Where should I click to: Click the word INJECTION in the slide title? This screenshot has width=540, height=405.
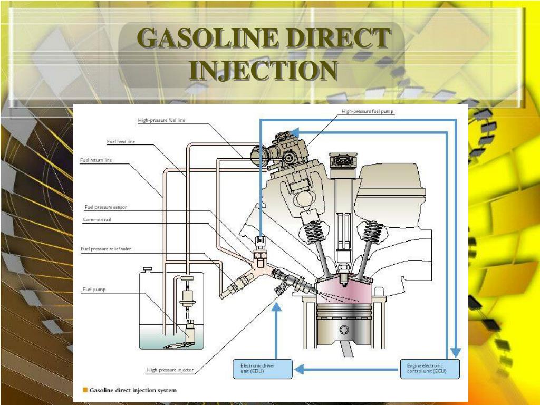click(x=264, y=70)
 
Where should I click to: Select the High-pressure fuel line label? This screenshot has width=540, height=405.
click(x=161, y=120)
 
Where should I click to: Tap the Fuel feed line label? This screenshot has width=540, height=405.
click(x=121, y=141)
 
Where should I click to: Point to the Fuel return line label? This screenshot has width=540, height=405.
click(x=96, y=160)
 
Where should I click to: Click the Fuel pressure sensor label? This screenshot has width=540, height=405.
click(x=105, y=207)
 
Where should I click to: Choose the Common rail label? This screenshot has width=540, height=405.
click(x=97, y=219)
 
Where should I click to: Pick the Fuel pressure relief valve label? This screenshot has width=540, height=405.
click(x=106, y=249)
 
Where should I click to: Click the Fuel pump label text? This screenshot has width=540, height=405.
click(x=94, y=289)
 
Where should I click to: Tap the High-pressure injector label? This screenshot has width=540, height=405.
click(x=170, y=370)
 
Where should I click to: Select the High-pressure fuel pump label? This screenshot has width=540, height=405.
click(x=368, y=111)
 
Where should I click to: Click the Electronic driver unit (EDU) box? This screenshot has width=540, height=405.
click(x=262, y=369)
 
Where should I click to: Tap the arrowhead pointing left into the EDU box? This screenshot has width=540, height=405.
click(x=298, y=369)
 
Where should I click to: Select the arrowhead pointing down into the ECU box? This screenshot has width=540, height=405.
click(x=456, y=352)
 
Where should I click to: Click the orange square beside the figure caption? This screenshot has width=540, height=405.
click(x=84, y=391)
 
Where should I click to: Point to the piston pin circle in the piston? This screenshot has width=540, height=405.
click(x=344, y=331)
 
